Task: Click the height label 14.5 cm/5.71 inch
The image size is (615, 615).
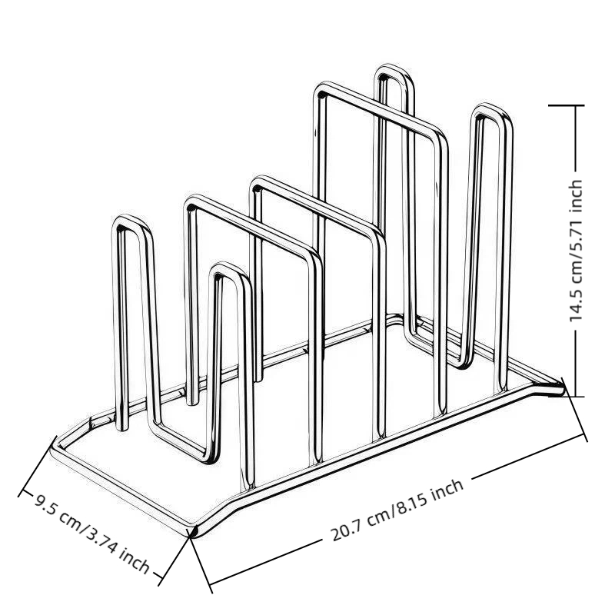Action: pos(575,251)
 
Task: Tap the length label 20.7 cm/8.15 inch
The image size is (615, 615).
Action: pos(397,510)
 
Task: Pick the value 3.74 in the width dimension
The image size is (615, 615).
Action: pos(100,540)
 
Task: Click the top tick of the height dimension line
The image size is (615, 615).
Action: pos(566,105)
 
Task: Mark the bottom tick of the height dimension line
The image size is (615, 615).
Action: pos(566,396)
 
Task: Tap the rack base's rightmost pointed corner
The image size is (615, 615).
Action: pos(563,389)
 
